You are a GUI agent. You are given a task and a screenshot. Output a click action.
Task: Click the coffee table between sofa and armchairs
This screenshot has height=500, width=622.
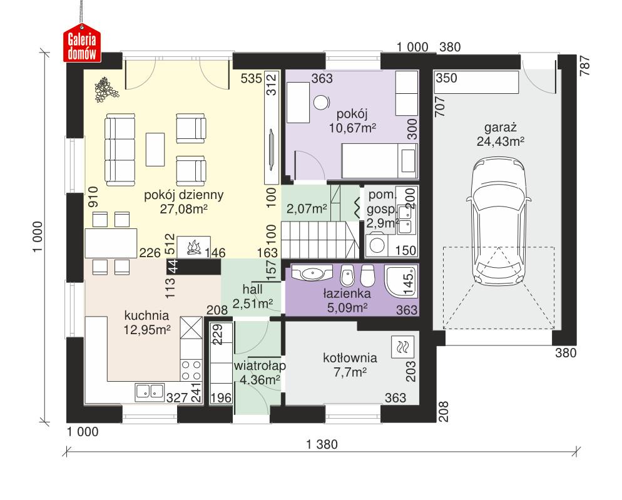pyautogui.click(x=155, y=148)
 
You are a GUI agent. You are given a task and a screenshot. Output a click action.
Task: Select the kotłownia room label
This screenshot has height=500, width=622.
pyautogui.click(x=350, y=359)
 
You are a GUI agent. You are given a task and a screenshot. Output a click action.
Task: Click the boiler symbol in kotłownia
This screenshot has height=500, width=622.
pyautogui.click(x=400, y=346)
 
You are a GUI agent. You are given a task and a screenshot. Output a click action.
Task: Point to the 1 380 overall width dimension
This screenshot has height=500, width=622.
pyautogui.click(x=322, y=446)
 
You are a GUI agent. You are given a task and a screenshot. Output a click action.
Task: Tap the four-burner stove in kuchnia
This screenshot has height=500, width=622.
pyautogui.click(x=191, y=369)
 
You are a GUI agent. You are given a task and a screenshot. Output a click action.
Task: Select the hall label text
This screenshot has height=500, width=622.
pyautogui.click(x=252, y=290)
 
